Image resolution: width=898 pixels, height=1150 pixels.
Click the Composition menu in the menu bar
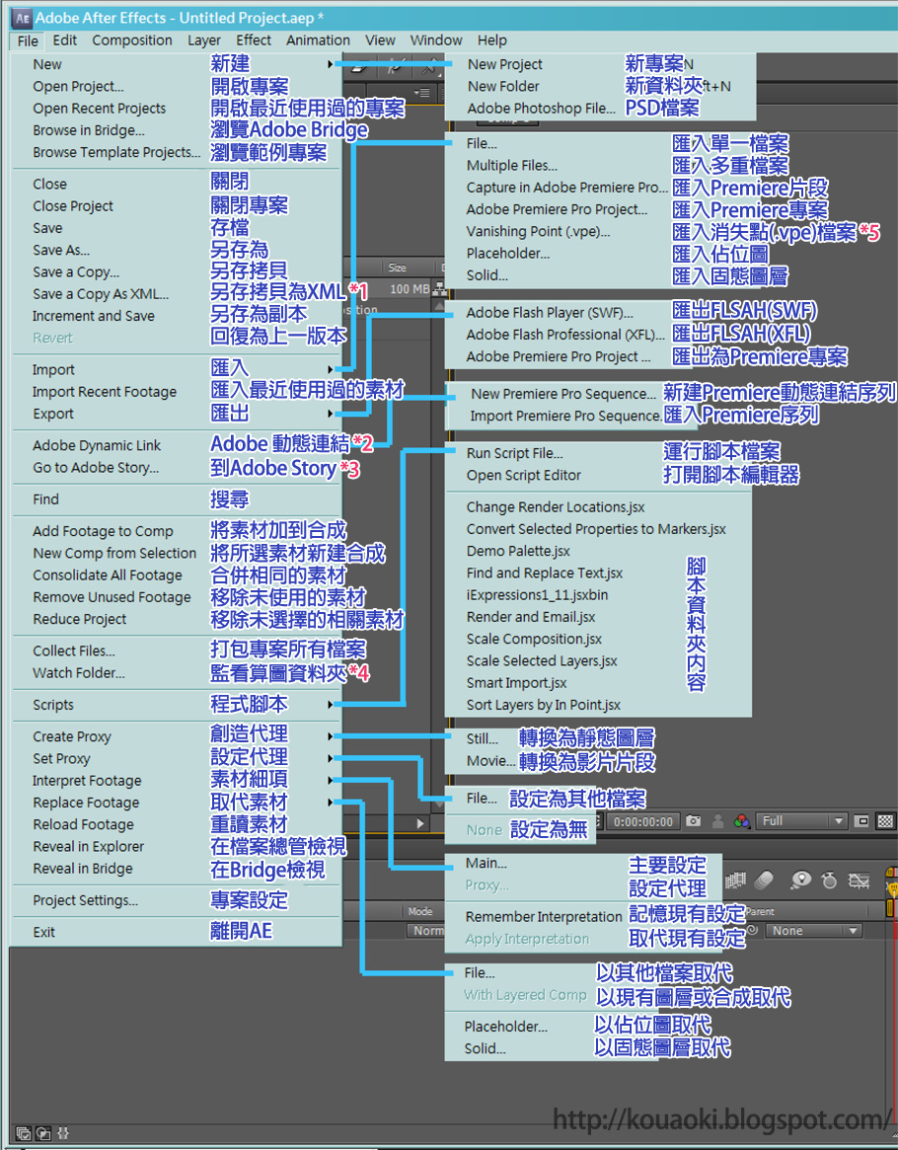132,40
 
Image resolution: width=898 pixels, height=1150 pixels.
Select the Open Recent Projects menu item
99,109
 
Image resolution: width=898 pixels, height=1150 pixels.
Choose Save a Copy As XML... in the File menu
101,294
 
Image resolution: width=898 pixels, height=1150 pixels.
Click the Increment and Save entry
94,316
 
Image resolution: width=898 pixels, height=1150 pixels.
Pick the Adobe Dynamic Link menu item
97,446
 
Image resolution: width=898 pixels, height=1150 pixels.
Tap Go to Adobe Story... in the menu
96,468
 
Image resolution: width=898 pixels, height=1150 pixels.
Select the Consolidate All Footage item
108,575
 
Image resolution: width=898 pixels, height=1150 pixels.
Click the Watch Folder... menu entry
79,673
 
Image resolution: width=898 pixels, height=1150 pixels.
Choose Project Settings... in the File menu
85,900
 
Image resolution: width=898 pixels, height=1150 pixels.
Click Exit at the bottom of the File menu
44,932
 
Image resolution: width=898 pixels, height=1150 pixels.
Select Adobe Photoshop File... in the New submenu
541,109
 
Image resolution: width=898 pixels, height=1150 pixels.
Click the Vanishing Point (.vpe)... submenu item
538,231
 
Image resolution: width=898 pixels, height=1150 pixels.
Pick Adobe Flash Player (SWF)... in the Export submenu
550,313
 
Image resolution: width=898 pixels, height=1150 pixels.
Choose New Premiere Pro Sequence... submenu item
563,394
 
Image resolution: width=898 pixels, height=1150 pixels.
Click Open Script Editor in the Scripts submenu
524,476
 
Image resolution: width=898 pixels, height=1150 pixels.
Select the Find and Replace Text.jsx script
545,574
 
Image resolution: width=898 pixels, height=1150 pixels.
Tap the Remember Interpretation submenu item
543,916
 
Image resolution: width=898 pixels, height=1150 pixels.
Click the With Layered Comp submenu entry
525,995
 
